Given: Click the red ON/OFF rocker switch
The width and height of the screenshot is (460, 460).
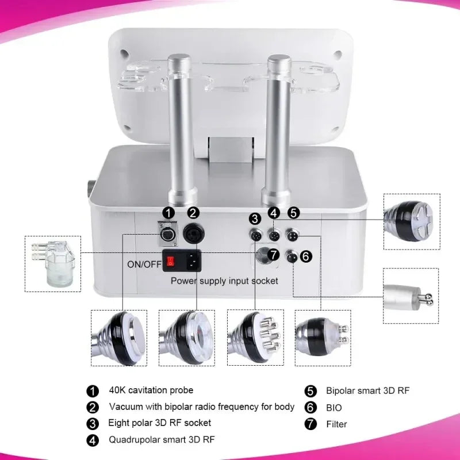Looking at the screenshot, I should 170,262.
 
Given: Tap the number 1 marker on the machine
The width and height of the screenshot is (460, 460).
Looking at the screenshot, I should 168,212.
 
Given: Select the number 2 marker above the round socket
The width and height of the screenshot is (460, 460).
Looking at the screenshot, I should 193,212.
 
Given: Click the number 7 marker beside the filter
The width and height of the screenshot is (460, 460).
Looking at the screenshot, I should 274,254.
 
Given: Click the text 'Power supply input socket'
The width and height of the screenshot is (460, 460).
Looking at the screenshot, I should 224,281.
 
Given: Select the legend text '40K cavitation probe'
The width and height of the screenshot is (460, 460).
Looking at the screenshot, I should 151,390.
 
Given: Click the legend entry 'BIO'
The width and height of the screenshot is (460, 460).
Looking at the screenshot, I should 333,407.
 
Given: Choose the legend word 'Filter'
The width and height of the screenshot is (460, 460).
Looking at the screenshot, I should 336,424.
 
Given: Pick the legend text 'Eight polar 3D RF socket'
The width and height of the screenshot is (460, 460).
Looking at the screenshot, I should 159,423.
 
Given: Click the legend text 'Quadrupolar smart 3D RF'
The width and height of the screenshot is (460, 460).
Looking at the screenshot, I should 162,440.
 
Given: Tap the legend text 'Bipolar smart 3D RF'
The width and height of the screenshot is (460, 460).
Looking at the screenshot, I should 367,390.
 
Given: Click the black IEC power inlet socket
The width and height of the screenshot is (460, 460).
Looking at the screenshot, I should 191,262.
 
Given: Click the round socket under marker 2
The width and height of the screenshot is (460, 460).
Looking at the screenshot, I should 193,235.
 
